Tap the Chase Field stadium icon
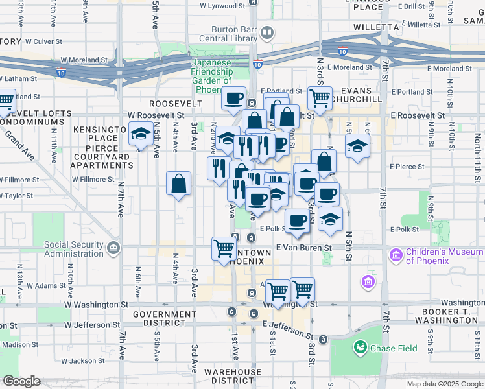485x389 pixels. tap(360, 348)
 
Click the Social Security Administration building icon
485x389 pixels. tap(114, 246)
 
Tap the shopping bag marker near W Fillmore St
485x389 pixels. tap(178, 183)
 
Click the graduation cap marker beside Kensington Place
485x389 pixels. tap(139, 134)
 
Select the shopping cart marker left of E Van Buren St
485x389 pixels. tap(224, 249)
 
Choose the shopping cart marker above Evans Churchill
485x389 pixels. tap(319, 99)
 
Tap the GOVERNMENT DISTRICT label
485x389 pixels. tap(164, 319)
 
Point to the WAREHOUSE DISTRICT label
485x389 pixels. tap(232, 377)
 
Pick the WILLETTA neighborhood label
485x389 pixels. tap(375, 27)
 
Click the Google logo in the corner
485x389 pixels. tap(21, 381)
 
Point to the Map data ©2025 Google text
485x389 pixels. tap(444, 384)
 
